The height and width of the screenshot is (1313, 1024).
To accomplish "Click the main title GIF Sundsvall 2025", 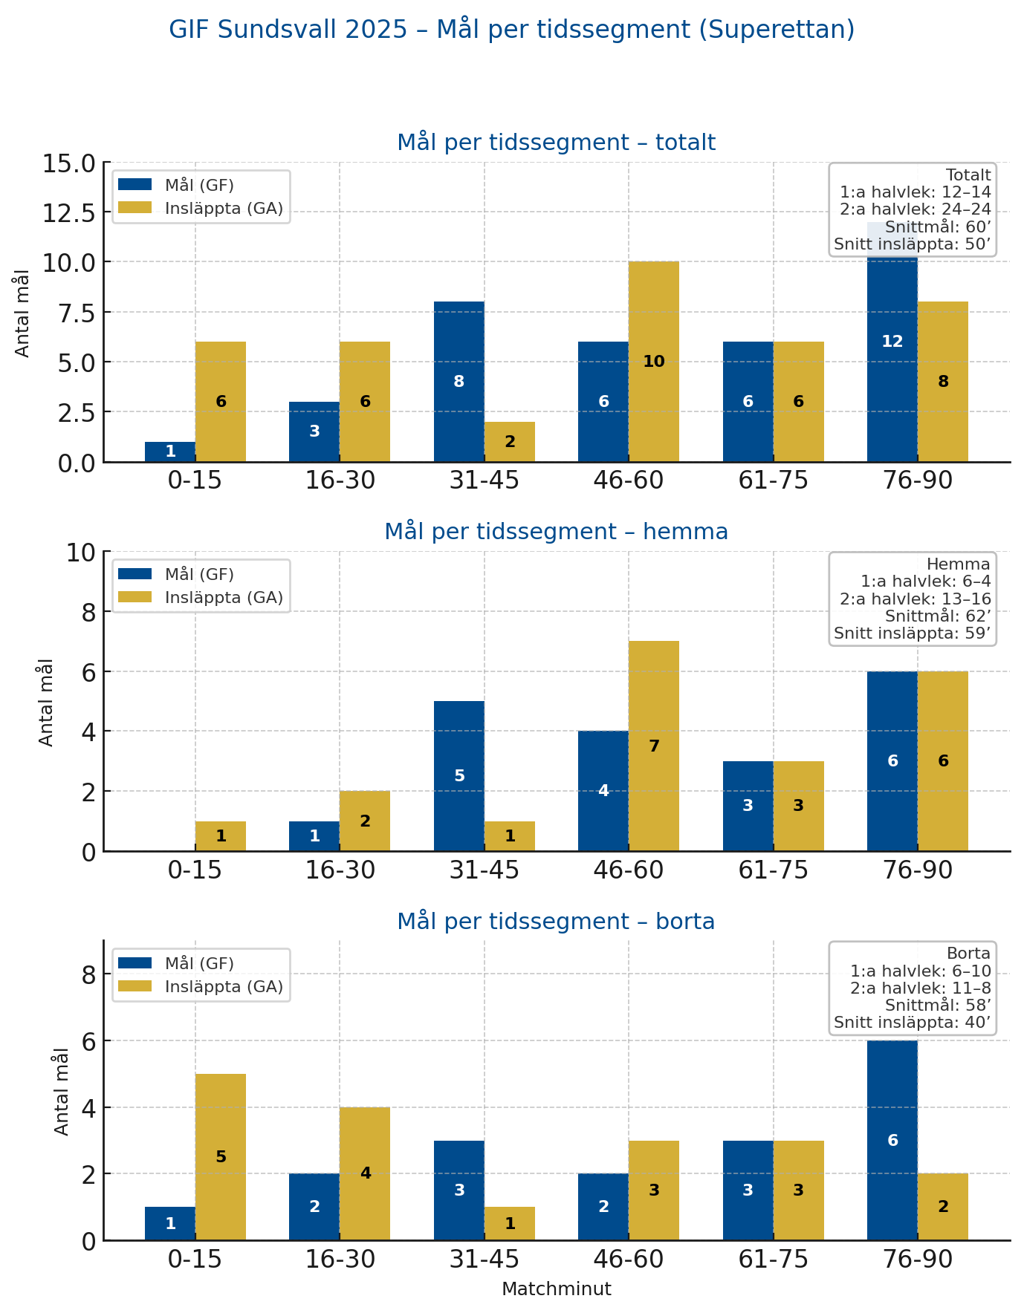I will tap(511, 30).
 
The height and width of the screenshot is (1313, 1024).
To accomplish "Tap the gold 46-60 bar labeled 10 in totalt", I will tap(654, 362).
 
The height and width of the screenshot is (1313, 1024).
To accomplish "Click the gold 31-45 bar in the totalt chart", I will tap(510, 442).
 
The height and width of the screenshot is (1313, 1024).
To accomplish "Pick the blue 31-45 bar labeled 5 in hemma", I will tap(459, 776).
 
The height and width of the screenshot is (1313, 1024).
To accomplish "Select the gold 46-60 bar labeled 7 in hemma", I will tap(654, 746).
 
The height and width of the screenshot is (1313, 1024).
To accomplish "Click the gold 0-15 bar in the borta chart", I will tap(221, 1156).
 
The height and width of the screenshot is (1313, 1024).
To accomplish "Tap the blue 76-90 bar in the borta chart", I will tap(892, 1140).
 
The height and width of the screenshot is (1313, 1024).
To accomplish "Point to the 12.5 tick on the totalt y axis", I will tap(68, 212).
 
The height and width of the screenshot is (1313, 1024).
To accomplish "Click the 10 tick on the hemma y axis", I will tap(82, 553).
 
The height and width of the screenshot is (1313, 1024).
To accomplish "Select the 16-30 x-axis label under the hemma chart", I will tap(340, 870).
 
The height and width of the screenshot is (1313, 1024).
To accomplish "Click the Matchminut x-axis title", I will tap(556, 1289).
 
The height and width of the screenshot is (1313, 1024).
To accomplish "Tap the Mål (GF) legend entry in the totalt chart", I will tap(199, 185).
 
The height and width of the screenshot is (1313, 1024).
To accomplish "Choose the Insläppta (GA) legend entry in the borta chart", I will tap(224, 986).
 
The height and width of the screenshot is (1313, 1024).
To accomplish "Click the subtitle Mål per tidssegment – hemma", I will tap(556, 532).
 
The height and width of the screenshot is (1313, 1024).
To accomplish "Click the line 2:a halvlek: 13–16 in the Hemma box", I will tap(915, 599).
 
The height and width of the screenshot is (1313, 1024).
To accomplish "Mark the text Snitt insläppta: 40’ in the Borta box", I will tap(912, 1023).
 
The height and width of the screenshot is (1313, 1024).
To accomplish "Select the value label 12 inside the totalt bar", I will tap(892, 342).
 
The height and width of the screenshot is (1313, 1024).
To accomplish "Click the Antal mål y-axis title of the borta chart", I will tap(62, 1091).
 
